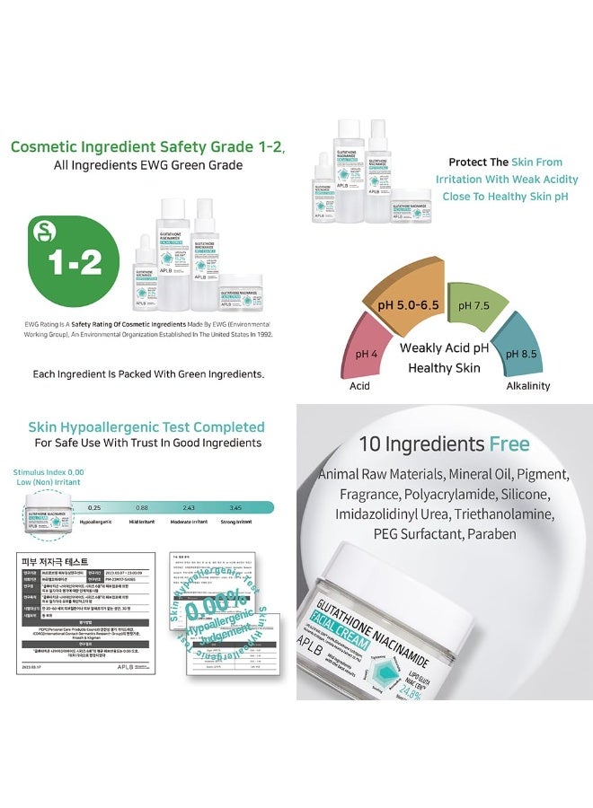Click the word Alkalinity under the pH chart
(527, 386)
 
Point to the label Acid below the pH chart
(359, 386)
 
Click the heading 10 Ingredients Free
(444, 444)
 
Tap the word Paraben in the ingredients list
(491, 533)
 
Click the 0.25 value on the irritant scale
(93, 508)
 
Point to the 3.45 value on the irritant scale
(235, 508)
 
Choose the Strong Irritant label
(235, 522)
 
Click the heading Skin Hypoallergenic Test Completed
(146, 426)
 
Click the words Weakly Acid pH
(443, 348)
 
